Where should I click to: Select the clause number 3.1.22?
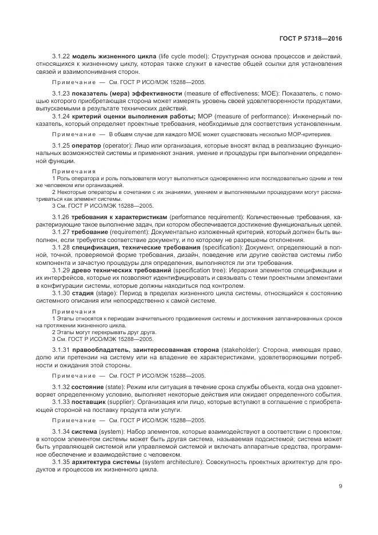click(x=61, y=57)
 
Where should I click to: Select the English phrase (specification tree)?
click(x=208, y=270)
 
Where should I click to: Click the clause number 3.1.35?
click(x=61, y=461)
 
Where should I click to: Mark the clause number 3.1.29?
click(x=61, y=270)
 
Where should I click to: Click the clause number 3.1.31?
click(x=61, y=349)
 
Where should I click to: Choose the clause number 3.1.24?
click(x=61, y=117)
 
